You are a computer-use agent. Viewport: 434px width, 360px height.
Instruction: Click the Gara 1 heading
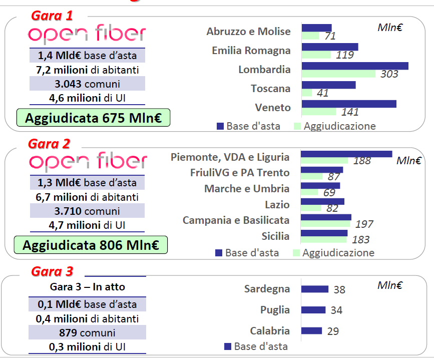(52, 16)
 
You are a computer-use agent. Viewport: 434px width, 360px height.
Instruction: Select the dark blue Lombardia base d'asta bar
(355, 66)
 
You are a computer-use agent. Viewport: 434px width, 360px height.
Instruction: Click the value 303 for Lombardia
(389, 74)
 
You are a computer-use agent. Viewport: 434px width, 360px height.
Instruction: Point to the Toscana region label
(270, 89)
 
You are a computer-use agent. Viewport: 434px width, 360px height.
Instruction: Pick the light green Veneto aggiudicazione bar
(319, 111)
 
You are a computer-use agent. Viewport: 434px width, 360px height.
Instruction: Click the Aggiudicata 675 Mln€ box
(93, 118)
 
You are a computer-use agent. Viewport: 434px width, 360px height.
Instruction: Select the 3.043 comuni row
(88, 84)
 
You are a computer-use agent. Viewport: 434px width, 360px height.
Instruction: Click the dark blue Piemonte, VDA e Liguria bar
(346, 154)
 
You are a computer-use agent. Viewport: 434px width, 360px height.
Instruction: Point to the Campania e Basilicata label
(236, 220)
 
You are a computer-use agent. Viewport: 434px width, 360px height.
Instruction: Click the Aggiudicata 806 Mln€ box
(91, 245)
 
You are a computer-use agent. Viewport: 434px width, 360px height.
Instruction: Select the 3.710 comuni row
(88, 211)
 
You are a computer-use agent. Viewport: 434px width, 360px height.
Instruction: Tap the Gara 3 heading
(52, 271)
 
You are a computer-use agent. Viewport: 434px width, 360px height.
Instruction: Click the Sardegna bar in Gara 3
(314, 289)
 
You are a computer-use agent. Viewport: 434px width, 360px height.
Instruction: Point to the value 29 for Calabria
(332, 331)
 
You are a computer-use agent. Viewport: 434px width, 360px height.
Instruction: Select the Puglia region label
(275, 310)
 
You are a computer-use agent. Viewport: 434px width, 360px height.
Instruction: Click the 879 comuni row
(88, 332)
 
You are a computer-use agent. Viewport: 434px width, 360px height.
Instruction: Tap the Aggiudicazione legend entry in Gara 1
(335, 126)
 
